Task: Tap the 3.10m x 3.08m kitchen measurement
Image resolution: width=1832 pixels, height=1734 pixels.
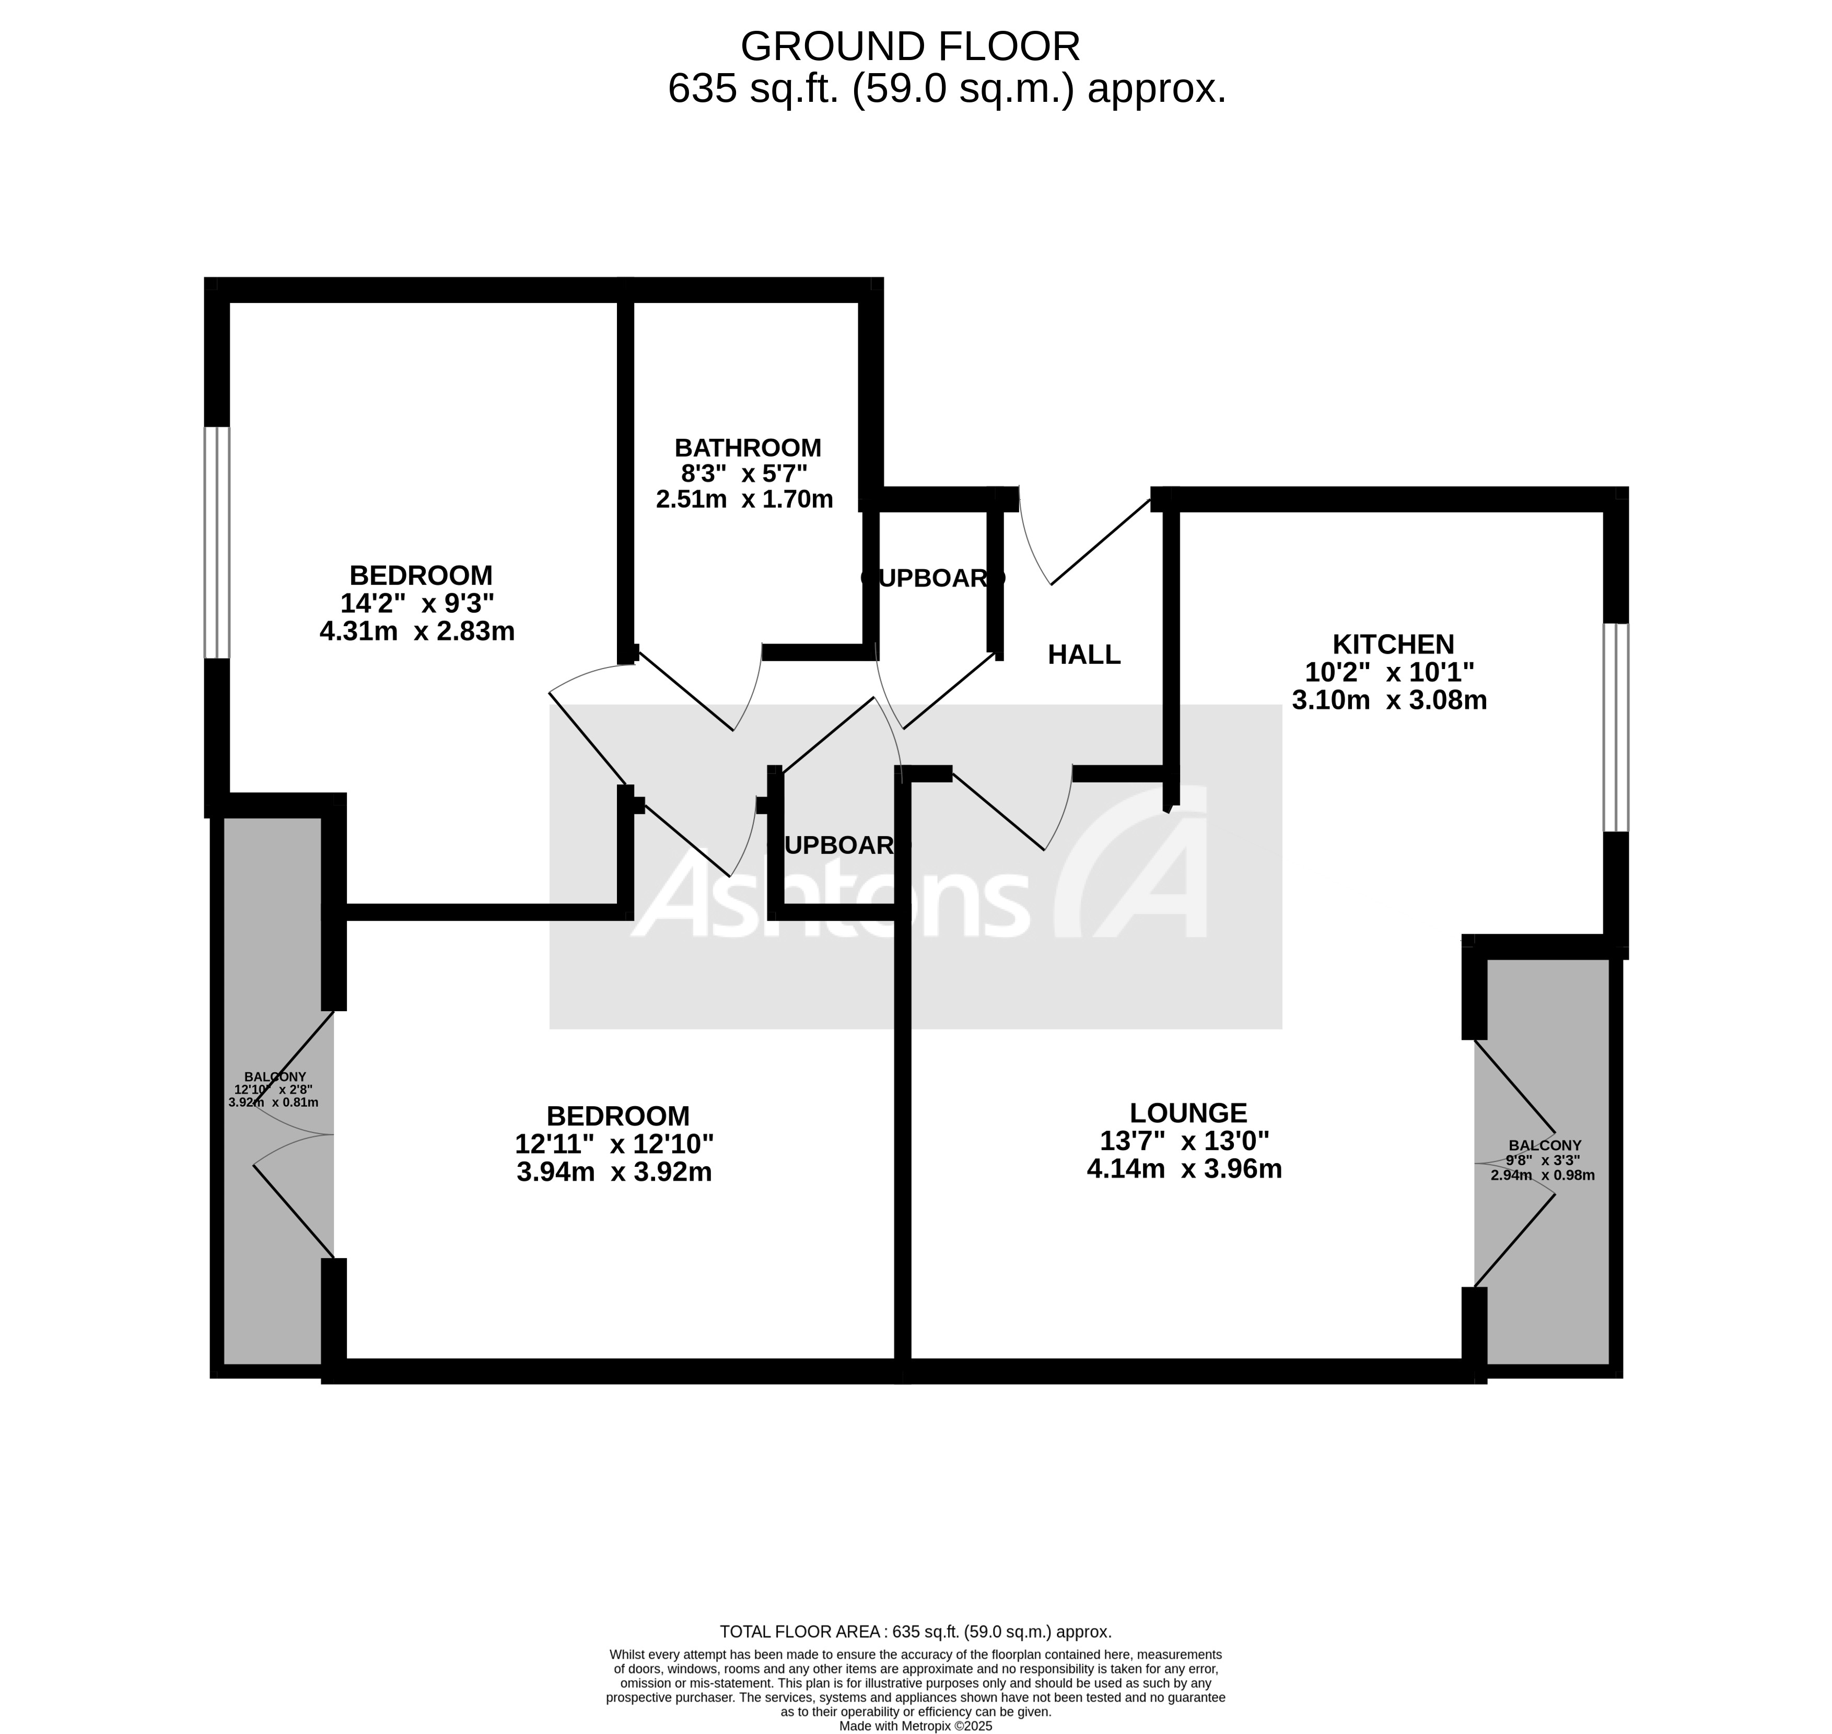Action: click(x=1388, y=700)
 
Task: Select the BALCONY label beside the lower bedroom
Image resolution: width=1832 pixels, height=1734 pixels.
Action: click(x=275, y=1077)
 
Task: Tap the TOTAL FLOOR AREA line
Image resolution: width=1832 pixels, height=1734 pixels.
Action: click(x=915, y=1632)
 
